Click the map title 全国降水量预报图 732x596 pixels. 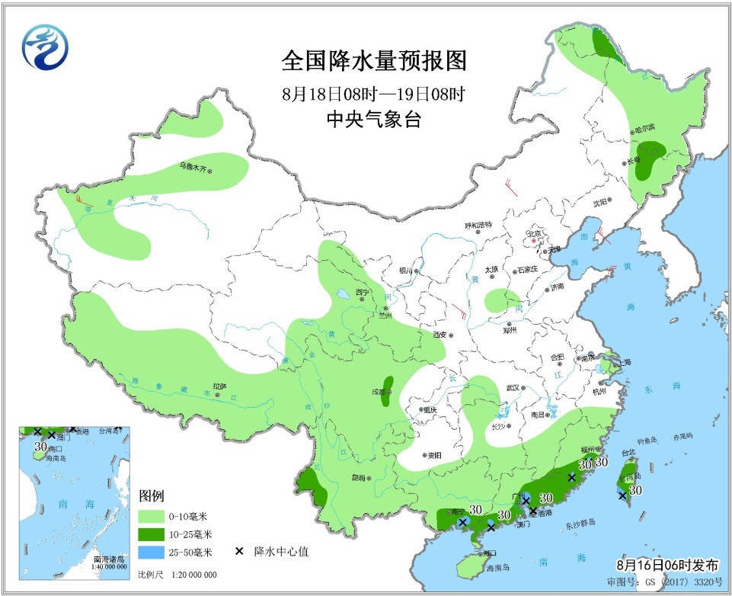(x=373, y=60)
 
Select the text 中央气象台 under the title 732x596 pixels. (x=373, y=120)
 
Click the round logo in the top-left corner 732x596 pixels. (x=45, y=46)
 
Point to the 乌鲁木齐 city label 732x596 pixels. (x=193, y=165)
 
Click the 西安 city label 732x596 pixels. (x=440, y=335)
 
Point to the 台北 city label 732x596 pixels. (x=628, y=453)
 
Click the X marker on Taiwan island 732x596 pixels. (x=622, y=495)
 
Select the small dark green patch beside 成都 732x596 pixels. (x=388, y=388)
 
